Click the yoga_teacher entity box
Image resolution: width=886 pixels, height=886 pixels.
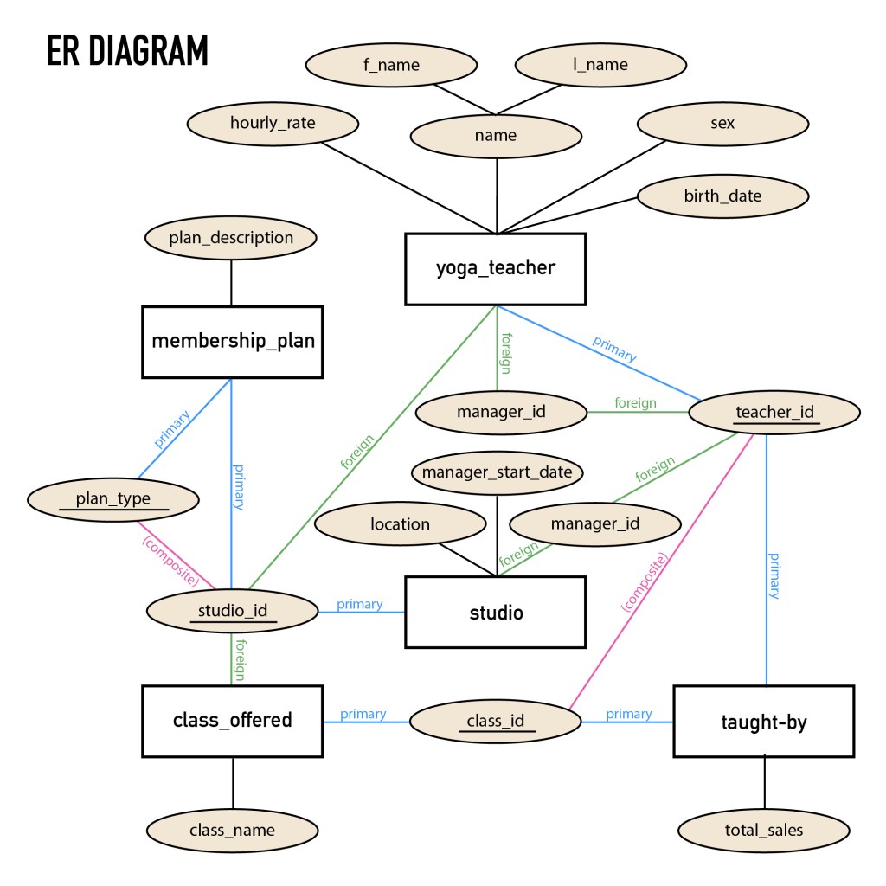tap(496, 268)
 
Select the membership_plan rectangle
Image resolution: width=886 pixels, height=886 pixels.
tap(232, 342)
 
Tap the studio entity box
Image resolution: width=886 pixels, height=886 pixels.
tap(496, 613)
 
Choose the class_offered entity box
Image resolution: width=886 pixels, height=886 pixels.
tap(232, 720)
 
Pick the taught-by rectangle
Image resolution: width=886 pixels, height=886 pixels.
tap(763, 722)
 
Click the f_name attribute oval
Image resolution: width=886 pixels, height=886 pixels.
tap(391, 65)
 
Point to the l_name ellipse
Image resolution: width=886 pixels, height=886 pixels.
tap(600, 65)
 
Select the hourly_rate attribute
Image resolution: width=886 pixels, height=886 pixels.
tap(273, 123)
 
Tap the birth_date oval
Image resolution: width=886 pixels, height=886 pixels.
tap(722, 196)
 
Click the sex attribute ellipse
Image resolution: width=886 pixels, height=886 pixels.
tap(722, 123)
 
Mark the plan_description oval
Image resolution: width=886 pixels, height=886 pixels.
tap(231, 237)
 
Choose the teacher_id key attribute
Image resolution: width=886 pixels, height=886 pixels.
tap(774, 412)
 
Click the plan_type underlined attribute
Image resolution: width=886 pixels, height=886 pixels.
tap(113, 499)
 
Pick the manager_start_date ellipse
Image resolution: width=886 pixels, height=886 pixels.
tap(497, 472)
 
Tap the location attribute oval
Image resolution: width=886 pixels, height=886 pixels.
tap(400, 524)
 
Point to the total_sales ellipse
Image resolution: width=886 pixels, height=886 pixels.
tap(763, 831)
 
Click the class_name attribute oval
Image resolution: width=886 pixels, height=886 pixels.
tap(232, 831)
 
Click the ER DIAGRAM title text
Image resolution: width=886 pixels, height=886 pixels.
tap(127, 51)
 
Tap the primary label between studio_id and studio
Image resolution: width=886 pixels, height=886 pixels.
tap(359, 605)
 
